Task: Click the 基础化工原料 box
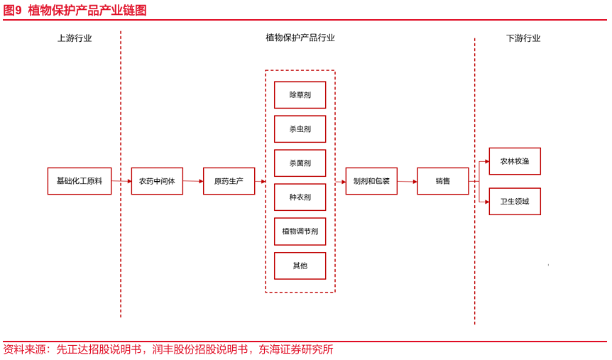click(80, 181)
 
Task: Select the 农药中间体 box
click(157, 181)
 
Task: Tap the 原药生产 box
click(229, 181)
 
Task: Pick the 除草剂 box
click(300, 95)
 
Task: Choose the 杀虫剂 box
click(300, 129)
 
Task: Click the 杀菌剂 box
click(300, 163)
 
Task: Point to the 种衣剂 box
click(300, 197)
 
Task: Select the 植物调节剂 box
click(300, 231)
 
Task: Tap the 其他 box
click(300, 266)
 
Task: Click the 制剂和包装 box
click(371, 181)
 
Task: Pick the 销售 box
click(442, 181)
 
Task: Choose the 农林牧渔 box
click(515, 161)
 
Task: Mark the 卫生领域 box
click(515, 202)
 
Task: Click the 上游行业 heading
click(75, 38)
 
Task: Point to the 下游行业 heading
click(523, 38)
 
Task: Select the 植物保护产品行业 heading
click(300, 38)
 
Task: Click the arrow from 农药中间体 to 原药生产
click(193, 181)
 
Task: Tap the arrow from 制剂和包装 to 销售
click(407, 182)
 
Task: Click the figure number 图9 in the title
click(12, 10)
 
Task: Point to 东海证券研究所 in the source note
click(296, 349)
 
